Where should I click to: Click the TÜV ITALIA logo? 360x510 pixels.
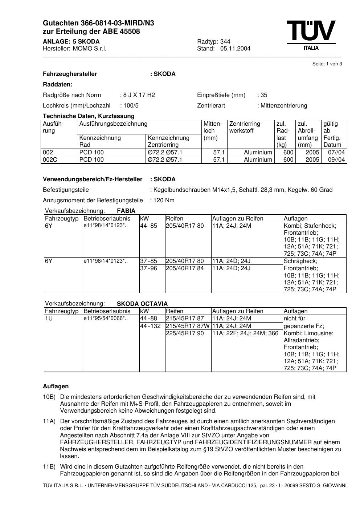click(x=311, y=35)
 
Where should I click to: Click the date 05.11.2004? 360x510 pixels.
click(x=235, y=49)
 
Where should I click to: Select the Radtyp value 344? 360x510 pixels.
click(x=225, y=41)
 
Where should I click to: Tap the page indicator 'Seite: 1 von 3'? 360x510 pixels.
click(x=327, y=64)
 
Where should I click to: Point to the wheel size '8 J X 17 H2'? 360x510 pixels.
click(x=139, y=95)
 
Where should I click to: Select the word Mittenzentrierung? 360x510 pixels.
click(x=284, y=106)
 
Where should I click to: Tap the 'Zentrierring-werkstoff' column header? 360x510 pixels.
click(x=246, y=127)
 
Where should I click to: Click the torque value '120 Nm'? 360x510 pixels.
click(x=164, y=201)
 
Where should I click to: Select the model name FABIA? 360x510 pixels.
click(x=126, y=211)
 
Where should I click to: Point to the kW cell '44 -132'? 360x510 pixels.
click(x=150, y=326)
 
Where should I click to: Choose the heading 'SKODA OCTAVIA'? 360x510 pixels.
click(x=142, y=304)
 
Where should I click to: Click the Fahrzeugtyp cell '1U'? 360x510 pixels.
click(x=49, y=319)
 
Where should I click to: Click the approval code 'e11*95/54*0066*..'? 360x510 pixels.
click(x=106, y=319)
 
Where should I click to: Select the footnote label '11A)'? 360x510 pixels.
click(x=49, y=421)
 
